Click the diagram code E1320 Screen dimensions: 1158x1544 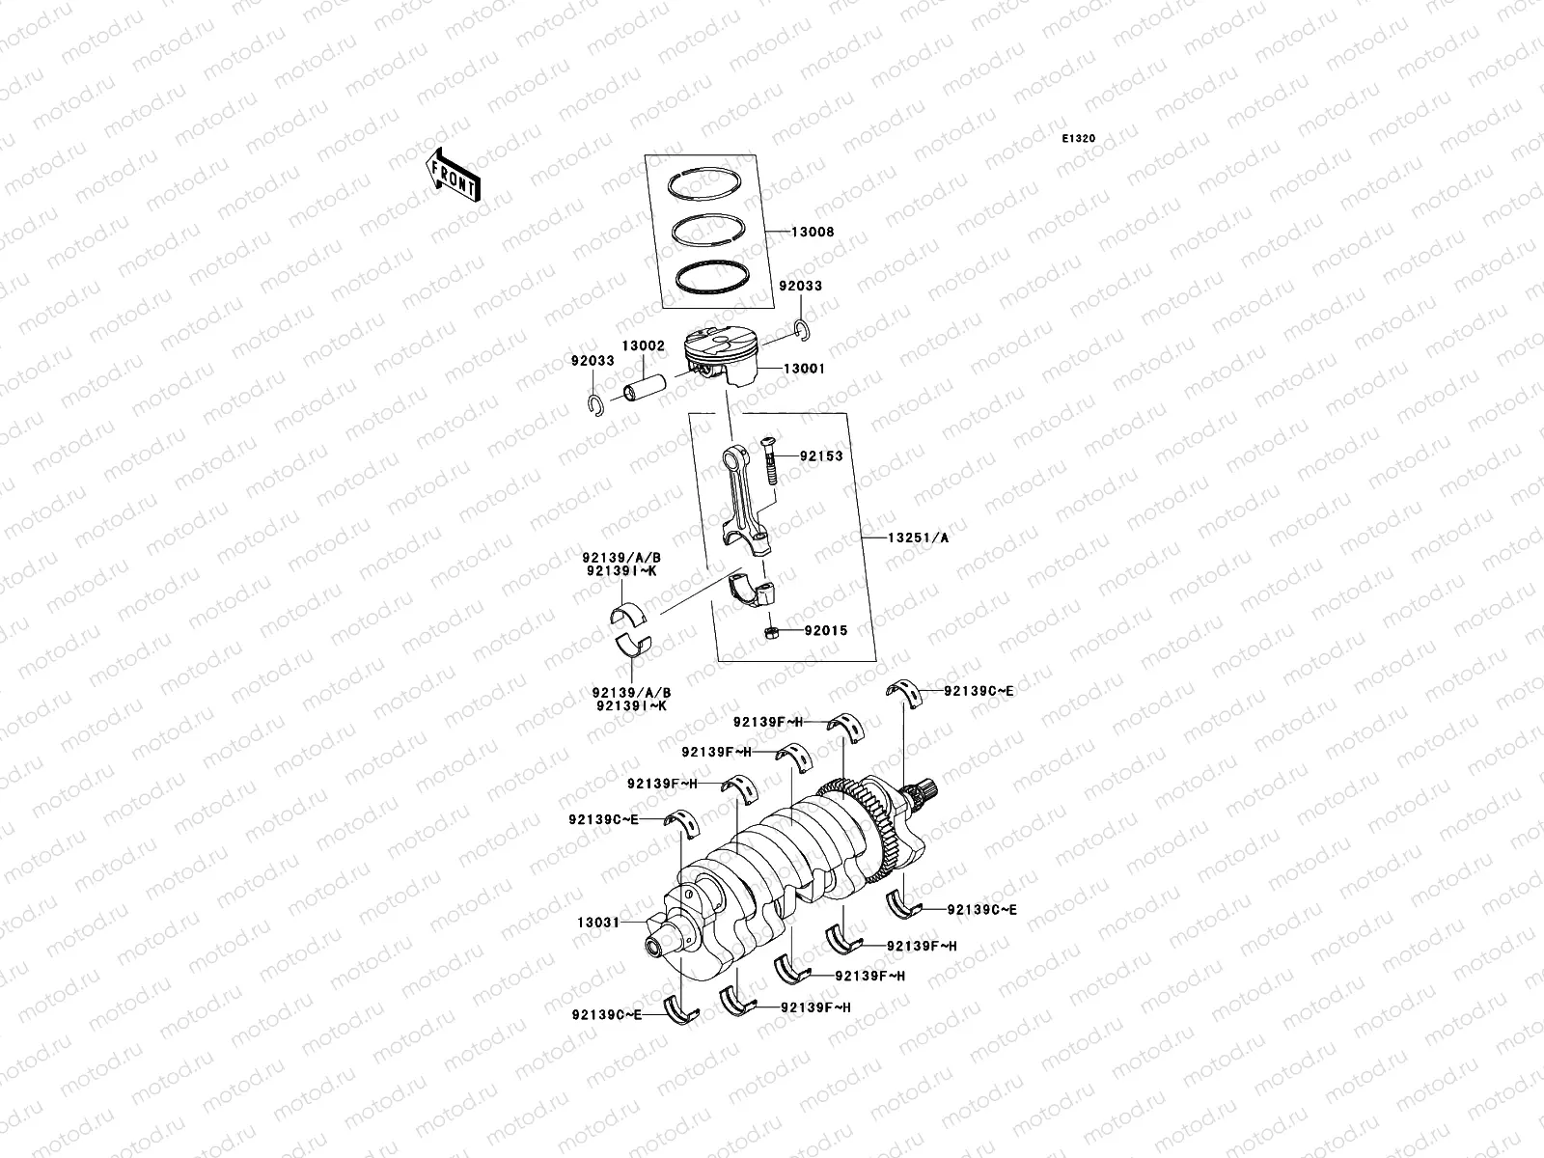[x=1079, y=139]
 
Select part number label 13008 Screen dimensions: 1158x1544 [x=813, y=233]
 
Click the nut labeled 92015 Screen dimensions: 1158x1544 [x=771, y=632]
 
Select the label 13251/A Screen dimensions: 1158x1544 [x=917, y=538]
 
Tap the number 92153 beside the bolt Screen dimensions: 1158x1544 [x=820, y=455]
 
